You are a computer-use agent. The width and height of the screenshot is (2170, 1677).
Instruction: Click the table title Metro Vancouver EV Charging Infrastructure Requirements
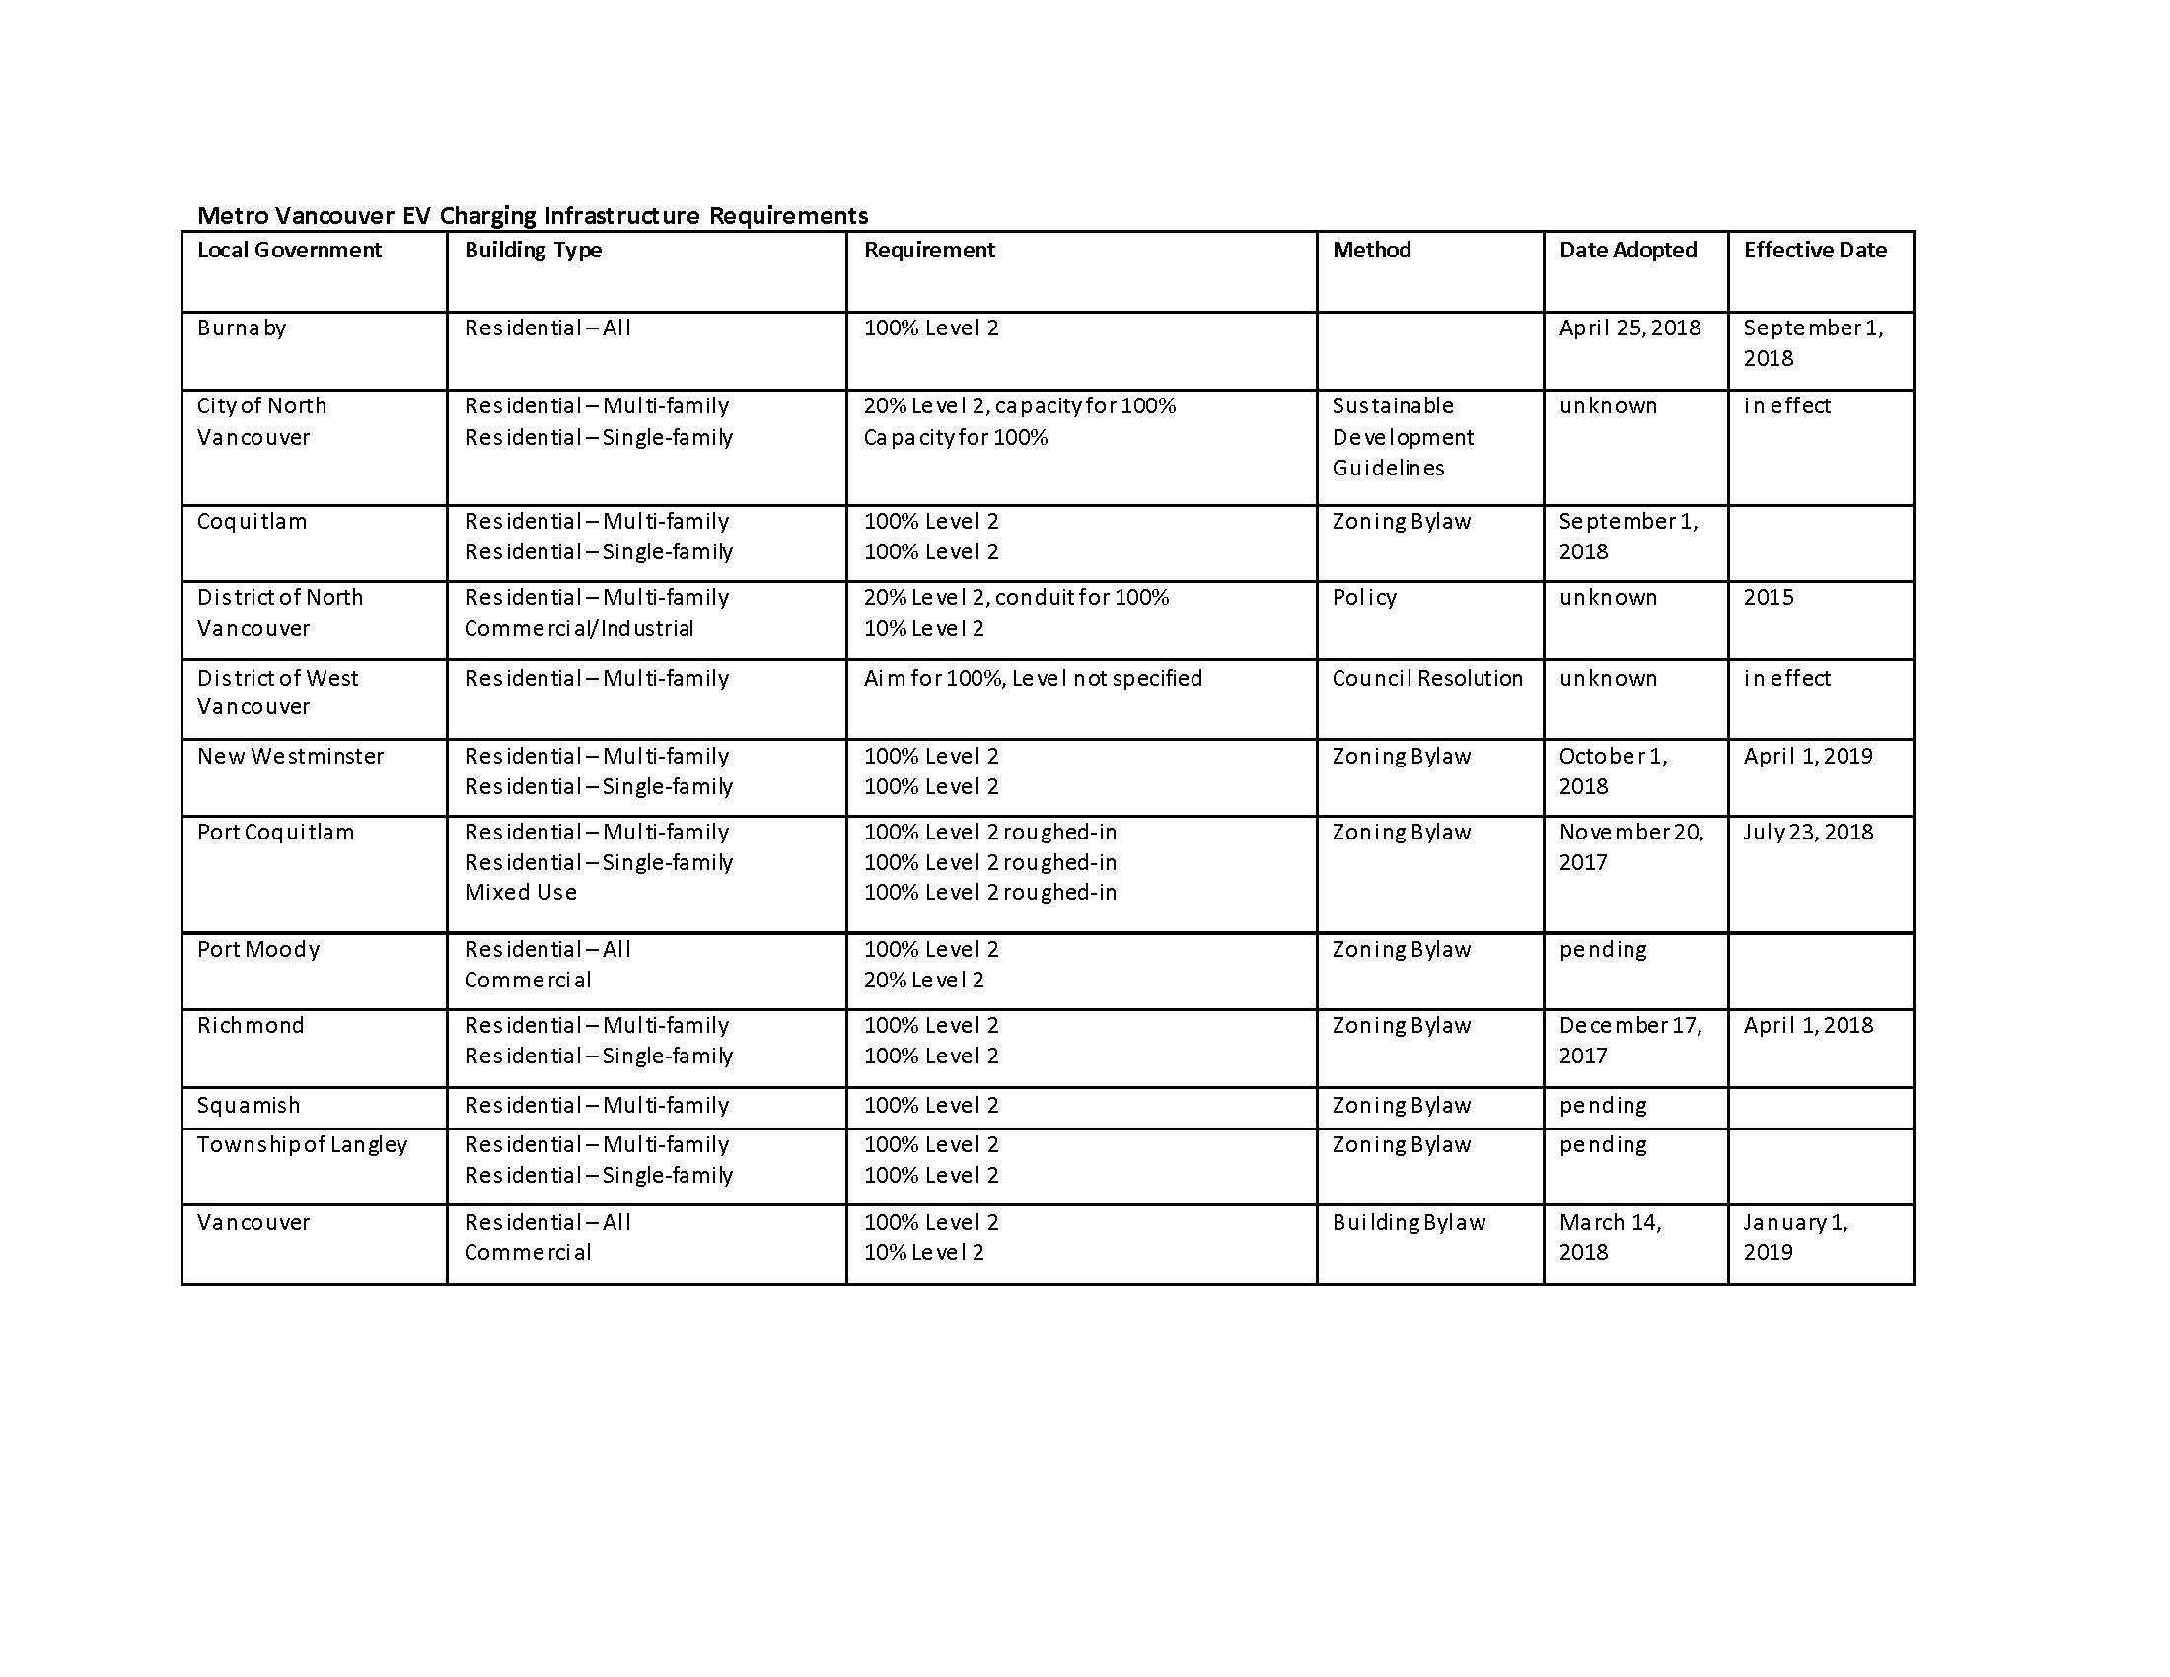click(533, 216)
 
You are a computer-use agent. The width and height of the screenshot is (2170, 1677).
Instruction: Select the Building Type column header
click(533, 251)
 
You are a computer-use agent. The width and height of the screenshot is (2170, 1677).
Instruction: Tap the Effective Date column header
click(1814, 251)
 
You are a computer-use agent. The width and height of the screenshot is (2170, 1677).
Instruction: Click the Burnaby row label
click(242, 328)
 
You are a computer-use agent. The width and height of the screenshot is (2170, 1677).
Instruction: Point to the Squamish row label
click(249, 1105)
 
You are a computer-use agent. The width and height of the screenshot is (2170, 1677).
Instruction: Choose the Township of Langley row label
click(302, 1144)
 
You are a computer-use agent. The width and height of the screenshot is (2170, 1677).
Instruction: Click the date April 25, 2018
click(1629, 328)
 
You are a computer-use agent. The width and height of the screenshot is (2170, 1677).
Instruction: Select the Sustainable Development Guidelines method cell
click(1402, 437)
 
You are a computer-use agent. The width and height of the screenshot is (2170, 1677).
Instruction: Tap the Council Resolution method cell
click(1427, 678)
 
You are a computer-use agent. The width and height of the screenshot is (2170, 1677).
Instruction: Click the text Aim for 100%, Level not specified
click(1033, 678)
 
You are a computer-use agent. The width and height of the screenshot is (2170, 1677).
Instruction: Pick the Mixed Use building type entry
click(521, 892)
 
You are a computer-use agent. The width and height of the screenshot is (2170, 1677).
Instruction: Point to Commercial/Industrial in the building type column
click(578, 629)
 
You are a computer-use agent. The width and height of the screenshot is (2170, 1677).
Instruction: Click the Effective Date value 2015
click(1769, 597)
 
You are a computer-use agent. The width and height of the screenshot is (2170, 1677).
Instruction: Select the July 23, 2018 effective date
click(1808, 832)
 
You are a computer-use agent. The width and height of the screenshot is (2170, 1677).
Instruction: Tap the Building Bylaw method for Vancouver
click(1409, 1222)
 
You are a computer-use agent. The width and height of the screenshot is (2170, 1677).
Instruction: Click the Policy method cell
click(1364, 597)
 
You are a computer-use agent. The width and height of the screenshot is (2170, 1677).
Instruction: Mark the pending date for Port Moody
click(1603, 949)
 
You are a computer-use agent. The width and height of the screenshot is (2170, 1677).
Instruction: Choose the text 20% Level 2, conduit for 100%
click(1016, 597)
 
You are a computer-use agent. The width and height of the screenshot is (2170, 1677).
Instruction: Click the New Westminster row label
click(290, 756)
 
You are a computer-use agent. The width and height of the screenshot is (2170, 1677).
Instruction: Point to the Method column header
click(1371, 251)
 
